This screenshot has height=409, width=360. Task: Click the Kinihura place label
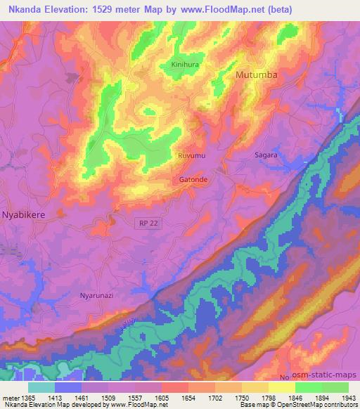coord(186,65)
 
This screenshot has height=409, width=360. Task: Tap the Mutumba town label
coord(257,74)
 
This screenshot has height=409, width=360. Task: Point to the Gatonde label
coord(193,179)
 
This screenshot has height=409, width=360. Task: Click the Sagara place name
coord(266,154)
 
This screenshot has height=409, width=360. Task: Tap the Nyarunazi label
coord(96,296)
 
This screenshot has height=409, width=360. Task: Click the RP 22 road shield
coord(145,222)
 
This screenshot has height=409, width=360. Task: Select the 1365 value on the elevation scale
coord(26,397)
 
